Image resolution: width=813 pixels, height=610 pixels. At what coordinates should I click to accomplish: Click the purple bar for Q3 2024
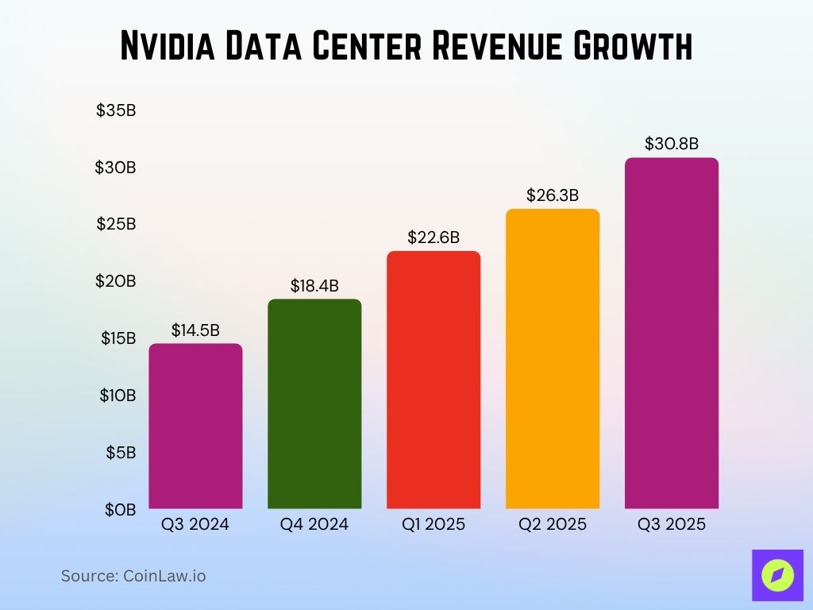click(x=195, y=426)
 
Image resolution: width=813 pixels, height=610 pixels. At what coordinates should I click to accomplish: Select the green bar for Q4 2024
click(x=314, y=403)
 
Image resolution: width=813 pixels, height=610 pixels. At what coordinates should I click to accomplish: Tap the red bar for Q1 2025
click(x=433, y=380)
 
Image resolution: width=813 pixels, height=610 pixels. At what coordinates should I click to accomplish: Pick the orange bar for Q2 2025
click(x=553, y=359)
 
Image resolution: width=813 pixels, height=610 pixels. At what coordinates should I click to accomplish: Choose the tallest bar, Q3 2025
click(x=672, y=334)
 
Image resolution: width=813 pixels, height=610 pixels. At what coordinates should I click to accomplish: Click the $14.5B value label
click(x=195, y=330)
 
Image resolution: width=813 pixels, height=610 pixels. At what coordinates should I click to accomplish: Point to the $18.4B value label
click(x=314, y=285)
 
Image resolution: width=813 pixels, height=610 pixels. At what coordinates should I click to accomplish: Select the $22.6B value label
click(x=433, y=237)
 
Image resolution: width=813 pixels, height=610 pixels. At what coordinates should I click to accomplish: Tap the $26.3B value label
click(x=553, y=195)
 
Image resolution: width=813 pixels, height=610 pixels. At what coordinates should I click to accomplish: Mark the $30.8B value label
click(x=672, y=144)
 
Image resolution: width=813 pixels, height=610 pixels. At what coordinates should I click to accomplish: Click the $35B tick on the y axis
click(x=116, y=110)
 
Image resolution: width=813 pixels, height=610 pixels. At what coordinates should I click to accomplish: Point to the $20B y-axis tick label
click(x=116, y=281)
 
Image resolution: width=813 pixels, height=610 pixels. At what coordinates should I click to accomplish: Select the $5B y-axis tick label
click(x=121, y=452)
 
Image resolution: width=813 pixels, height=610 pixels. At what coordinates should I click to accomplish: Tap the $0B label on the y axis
click(x=121, y=509)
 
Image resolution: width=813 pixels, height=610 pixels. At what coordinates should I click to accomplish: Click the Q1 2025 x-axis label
click(x=433, y=525)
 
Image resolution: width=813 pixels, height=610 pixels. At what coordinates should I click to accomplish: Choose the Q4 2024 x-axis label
click(x=314, y=525)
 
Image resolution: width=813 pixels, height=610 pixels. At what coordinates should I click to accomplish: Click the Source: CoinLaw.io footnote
click(x=133, y=576)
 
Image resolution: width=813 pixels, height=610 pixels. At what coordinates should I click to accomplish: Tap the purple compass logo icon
click(x=777, y=575)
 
